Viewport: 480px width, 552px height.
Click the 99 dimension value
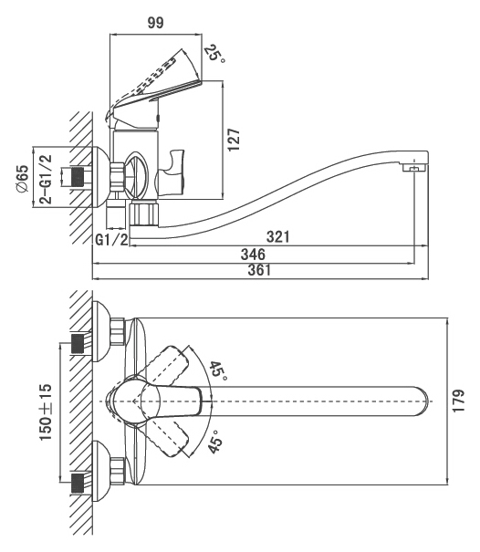[155, 23]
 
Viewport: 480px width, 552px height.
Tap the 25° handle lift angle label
[214, 54]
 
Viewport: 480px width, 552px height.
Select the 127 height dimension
[234, 140]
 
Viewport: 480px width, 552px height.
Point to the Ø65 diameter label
[22, 179]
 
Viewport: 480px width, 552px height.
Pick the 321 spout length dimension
[277, 237]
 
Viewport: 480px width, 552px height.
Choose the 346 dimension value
[253, 255]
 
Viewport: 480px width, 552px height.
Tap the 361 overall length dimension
[259, 270]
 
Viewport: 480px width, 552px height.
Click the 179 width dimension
[458, 401]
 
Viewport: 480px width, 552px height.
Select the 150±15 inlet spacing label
[46, 412]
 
